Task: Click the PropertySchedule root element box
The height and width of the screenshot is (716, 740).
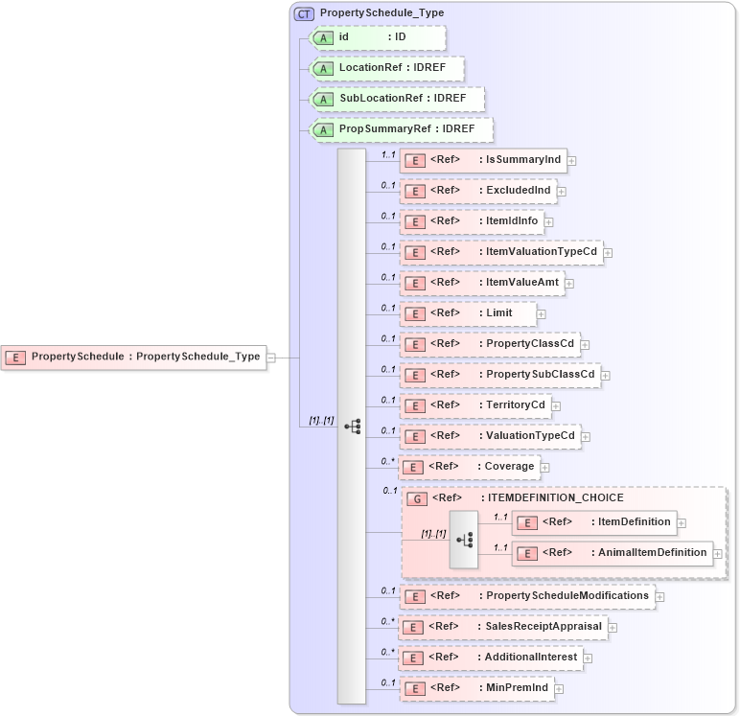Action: tap(133, 357)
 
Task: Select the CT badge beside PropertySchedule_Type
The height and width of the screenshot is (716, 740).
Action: tap(304, 13)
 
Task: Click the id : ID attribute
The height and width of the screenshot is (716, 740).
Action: tap(378, 37)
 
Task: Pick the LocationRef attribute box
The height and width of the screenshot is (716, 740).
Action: tap(387, 69)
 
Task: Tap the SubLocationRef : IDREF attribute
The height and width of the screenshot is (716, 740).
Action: tap(397, 99)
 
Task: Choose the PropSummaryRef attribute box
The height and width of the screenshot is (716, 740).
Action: tap(402, 129)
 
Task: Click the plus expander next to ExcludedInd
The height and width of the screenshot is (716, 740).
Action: tap(562, 192)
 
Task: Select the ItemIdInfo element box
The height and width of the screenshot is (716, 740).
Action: tap(472, 221)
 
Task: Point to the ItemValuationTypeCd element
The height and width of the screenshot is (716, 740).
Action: tap(501, 253)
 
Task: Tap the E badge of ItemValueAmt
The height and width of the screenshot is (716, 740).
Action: tap(414, 284)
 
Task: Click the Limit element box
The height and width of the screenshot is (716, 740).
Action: tap(468, 313)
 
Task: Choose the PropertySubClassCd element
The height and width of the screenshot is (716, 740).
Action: tap(500, 375)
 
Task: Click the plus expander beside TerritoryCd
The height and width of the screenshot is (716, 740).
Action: tap(556, 405)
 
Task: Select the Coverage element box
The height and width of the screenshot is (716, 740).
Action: tap(469, 467)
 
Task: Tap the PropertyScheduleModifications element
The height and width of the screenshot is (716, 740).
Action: tap(527, 596)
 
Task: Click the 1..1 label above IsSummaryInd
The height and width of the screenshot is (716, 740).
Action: tap(389, 153)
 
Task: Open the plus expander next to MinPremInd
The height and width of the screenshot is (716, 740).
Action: tap(559, 688)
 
